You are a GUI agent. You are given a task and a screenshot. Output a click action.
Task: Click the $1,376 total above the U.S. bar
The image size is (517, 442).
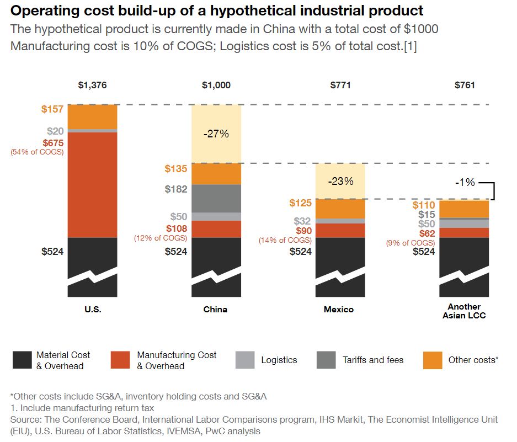tap(92, 85)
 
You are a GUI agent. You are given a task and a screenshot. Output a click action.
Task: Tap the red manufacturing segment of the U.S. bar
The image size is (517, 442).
tap(92, 184)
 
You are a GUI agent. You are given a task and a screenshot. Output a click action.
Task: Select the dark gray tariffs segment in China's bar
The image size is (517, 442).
tap(216, 198)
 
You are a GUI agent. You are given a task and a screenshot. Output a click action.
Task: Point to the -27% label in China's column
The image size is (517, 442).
tap(216, 134)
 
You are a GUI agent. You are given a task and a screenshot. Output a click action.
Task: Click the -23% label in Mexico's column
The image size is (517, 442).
tap(340, 181)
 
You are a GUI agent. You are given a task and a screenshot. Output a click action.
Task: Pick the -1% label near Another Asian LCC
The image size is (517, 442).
tap(465, 182)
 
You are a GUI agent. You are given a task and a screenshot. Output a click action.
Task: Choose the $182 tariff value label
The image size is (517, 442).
tap(176, 189)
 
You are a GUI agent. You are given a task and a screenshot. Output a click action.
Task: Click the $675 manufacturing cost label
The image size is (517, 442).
tap(52, 142)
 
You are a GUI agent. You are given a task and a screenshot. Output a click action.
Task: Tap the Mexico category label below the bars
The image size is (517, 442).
tap(339, 310)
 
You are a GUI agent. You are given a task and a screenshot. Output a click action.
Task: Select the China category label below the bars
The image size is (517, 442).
tap(215, 310)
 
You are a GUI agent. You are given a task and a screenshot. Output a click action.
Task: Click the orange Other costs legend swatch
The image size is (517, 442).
tap(433, 360)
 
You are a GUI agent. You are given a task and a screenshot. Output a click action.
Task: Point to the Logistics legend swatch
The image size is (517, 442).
tap(244, 360)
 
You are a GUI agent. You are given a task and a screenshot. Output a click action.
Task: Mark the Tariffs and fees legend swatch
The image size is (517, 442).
tap(326, 360)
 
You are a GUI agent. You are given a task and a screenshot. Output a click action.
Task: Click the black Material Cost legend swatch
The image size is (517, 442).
tap(22, 360)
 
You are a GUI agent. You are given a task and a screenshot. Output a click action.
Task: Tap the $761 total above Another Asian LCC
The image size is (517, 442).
tap(465, 85)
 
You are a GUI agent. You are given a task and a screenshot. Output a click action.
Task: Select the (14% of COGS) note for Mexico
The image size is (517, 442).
tap(285, 240)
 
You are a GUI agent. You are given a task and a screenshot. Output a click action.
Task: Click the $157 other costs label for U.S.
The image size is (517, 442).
tap(52, 109)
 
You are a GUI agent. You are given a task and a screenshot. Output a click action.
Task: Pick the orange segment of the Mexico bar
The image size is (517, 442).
tap(340, 209)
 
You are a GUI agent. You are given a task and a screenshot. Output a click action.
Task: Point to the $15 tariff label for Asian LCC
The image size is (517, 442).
tap(427, 215)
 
